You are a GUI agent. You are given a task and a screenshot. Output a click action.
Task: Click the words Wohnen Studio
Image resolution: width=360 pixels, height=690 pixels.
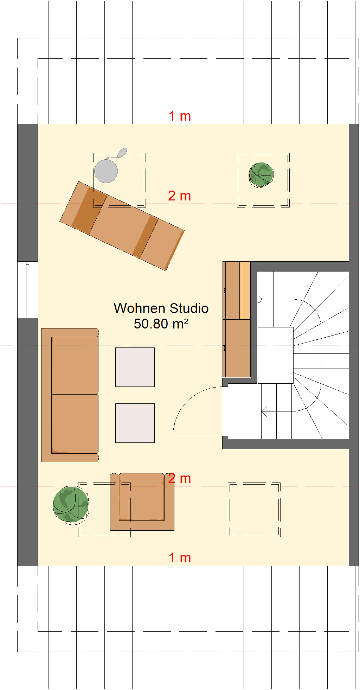click(x=161, y=308)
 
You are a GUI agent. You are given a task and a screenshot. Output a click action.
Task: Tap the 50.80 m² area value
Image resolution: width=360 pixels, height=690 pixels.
click(x=161, y=324)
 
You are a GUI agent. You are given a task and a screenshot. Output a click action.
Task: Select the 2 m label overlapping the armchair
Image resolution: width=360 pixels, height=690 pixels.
click(x=179, y=478)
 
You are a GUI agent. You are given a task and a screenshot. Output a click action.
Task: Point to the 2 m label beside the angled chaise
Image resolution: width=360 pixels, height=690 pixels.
click(x=179, y=196)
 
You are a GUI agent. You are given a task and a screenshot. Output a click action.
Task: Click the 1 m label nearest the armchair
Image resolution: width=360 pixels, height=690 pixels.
click(x=180, y=558)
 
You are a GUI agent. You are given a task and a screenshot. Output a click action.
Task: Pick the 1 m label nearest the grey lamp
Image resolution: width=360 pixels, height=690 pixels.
click(x=180, y=116)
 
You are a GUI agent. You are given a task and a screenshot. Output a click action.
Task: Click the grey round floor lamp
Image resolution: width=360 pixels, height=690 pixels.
click(x=107, y=171)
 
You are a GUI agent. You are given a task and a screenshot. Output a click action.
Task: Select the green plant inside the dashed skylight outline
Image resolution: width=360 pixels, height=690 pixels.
click(x=261, y=175)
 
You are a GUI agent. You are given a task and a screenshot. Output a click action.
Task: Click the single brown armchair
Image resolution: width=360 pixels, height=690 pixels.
click(x=142, y=501)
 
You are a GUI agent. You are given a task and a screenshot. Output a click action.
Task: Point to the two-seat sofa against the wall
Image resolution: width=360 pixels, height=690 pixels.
click(x=70, y=395)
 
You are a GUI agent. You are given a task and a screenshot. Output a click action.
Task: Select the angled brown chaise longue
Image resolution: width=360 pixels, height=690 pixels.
click(x=122, y=226)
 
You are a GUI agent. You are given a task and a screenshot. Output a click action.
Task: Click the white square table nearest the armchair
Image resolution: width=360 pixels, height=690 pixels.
click(x=135, y=423)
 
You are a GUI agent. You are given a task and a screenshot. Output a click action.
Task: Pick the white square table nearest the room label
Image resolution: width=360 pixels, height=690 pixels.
click(x=135, y=367)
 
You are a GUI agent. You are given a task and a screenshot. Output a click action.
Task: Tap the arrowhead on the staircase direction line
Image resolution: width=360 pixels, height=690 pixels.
click(x=264, y=411)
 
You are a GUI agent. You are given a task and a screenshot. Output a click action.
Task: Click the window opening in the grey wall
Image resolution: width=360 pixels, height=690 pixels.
click(x=28, y=290)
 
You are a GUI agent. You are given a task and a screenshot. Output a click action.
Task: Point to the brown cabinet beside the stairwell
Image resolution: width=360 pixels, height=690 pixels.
click(x=237, y=319)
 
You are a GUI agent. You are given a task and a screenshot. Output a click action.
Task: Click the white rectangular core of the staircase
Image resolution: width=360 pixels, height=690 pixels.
click(x=275, y=355)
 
